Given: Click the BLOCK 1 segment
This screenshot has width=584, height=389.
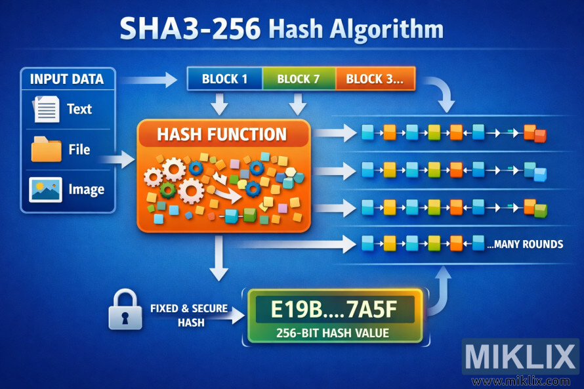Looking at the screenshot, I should (224, 79).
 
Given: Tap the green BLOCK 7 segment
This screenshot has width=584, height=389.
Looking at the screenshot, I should (298, 79).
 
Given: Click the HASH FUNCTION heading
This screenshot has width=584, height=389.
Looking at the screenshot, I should (222, 134).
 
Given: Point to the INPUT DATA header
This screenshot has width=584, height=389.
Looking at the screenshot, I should (67, 79).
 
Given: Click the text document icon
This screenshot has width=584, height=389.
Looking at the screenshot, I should (46, 109).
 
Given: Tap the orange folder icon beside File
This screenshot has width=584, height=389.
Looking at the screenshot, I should (46, 150).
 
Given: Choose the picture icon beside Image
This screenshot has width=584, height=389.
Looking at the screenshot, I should (46, 190).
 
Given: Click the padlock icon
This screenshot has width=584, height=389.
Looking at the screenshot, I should (125, 310).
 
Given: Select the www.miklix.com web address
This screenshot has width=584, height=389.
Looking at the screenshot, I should (521, 381).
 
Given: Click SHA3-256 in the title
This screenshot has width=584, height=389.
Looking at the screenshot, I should (190, 30).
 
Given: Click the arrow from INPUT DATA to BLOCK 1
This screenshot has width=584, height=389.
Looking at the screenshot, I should (149, 80).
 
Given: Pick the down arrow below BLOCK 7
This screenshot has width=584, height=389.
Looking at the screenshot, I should (299, 103).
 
